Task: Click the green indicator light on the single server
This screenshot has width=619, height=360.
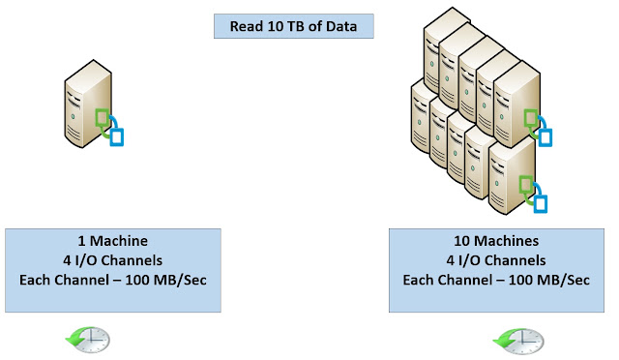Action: (73, 116)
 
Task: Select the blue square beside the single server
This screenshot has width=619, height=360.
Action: (117, 137)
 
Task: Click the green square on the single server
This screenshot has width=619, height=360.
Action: (103, 118)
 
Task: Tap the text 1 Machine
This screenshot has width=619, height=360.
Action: (113, 241)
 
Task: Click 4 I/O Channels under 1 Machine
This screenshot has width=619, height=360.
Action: (113, 260)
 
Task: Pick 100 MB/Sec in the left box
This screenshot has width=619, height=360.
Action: (165, 281)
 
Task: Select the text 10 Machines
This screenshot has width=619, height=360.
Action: (496, 241)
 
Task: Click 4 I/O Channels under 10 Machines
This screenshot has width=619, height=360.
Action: (496, 260)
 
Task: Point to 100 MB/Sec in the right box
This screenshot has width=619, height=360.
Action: (549, 281)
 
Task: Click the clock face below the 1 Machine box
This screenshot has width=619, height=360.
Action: (94, 340)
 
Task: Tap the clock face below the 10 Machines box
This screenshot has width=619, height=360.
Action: (527, 341)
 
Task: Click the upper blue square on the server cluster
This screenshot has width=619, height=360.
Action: (545, 137)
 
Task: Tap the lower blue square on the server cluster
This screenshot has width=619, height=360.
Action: (541, 204)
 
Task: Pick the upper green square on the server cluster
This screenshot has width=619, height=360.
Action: (531, 118)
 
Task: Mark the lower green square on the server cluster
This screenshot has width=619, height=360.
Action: (526, 185)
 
